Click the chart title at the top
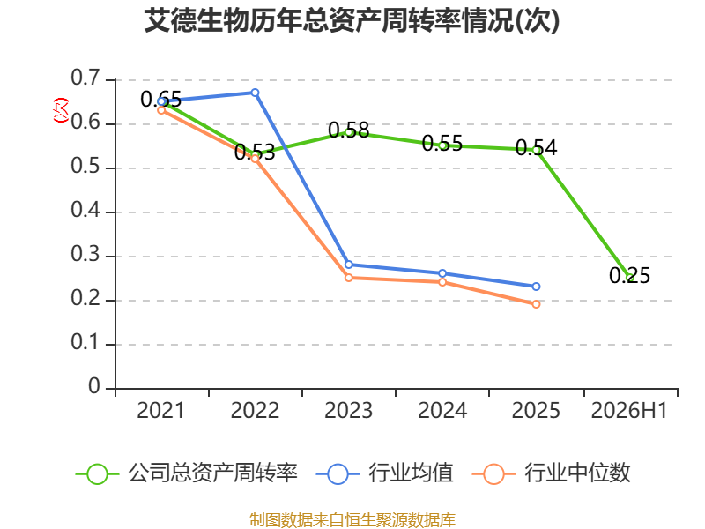(352, 20)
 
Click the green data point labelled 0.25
(629, 278)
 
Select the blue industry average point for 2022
(255, 93)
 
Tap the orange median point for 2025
(536, 304)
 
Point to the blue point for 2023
(348, 265)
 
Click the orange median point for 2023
(348, 278)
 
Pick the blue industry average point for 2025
(536, 287)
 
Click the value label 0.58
(348, 130)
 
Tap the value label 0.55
(442, 143)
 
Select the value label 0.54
(536, 147)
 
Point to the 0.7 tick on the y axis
(85, 78)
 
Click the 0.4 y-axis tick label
(85, 210)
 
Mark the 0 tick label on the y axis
(94, 386)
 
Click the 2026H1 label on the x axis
(629, 410)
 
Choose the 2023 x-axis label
(348, 410)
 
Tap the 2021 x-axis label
(160, 410)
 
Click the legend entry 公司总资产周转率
(186, 473)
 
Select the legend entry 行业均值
(384, 473)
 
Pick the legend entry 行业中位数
(552, 473)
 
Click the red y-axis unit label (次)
(61, 110)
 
